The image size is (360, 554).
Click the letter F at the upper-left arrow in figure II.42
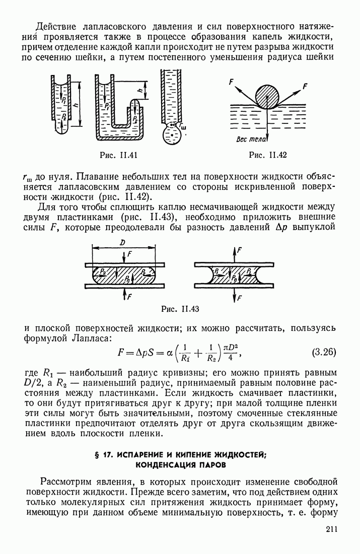tap(231, 81)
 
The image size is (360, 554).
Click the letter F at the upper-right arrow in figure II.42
tap(305, 86)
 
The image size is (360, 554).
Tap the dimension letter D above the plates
tap(122, 243)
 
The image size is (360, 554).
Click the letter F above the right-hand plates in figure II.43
tap(240, 250)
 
